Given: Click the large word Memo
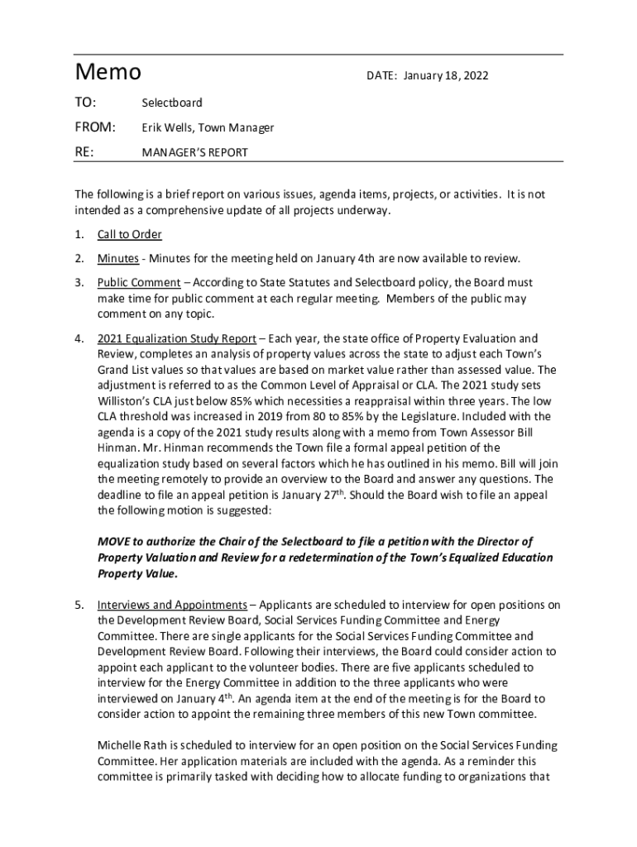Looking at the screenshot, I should coord(108,73).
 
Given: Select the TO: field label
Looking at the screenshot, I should coord(85,103).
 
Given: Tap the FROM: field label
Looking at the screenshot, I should coord(95,127).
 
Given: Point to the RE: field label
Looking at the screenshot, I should coord(84,152).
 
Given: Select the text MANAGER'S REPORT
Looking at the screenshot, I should coord(194,152).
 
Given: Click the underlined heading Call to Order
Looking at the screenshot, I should coord(129,234).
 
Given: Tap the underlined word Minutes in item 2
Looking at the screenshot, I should coord(117,258).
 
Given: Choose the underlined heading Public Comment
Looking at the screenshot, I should coord(138,283).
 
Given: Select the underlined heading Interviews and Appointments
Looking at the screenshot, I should coord(172,604).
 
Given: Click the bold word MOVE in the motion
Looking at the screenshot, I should coord(114,541).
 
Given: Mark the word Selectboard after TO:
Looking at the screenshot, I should coord(171,103).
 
